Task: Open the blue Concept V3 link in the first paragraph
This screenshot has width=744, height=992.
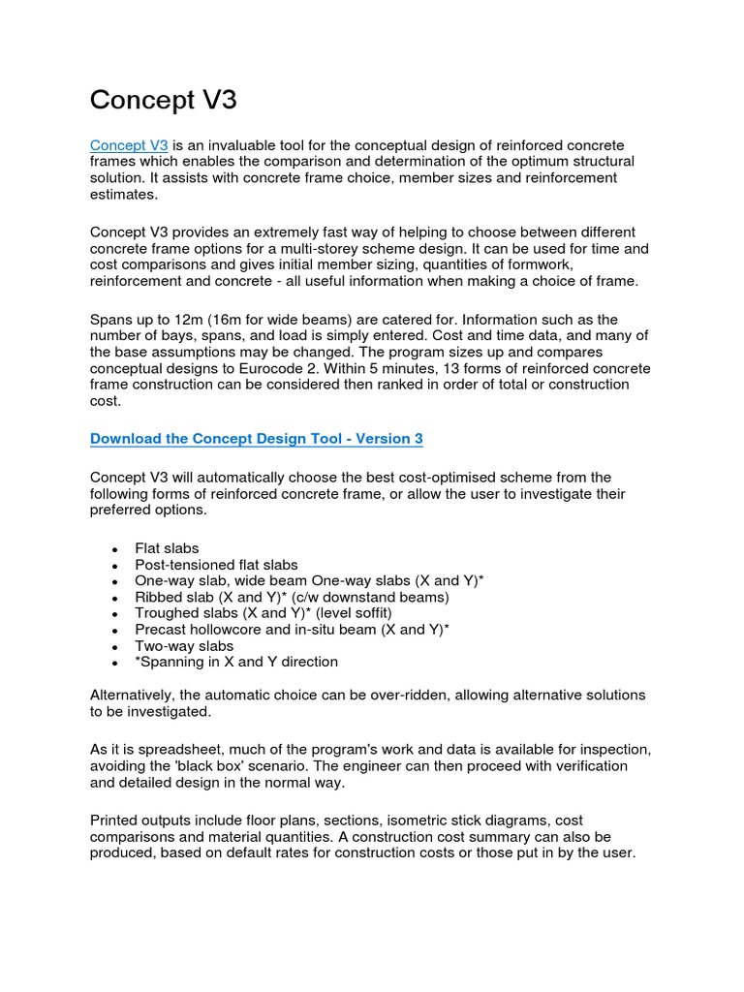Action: (x=129, y=145)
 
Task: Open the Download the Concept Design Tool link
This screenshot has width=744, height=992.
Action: (x=256, y=439)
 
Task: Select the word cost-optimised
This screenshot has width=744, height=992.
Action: (x=429, y=478)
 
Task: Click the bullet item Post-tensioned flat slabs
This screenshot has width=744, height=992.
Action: (x=216, y=565)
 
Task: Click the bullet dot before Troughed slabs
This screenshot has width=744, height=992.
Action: (x=114, y=614)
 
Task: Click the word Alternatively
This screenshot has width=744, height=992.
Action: (x=137, y=696)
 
